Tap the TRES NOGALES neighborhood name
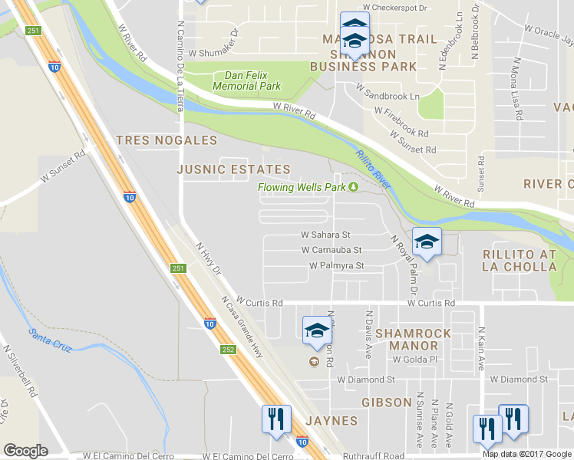tap(166, 140)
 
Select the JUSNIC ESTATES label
tap(233, 169)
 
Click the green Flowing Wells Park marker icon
tap(354, 187)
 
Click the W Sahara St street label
tap(325, 235)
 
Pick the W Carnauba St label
tap(332, 250)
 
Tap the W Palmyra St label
tap(336, 265)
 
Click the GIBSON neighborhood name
tap(387, 402)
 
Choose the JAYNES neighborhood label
tap(332, 421)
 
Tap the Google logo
tap(25, 450)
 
